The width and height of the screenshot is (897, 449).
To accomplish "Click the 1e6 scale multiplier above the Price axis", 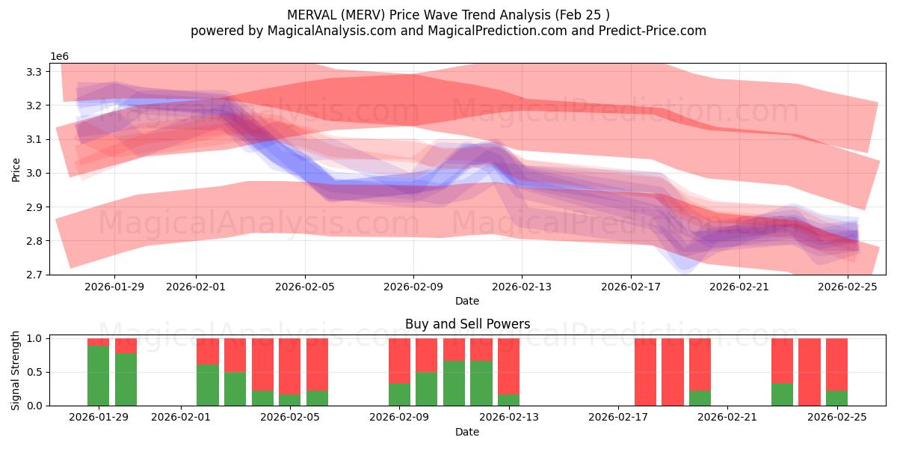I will coord(60,57).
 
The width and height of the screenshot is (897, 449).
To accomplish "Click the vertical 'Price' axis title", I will coord(16,169).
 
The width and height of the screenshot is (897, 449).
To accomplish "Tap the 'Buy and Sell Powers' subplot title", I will coord(467,324).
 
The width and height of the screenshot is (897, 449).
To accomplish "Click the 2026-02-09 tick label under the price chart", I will coord(413,287).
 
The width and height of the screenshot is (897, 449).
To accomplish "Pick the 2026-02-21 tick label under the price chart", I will coord(739,287).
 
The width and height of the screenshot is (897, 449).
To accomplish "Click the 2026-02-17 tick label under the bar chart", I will coord(617,418).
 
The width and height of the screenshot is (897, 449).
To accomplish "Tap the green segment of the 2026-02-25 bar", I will coord(836,398).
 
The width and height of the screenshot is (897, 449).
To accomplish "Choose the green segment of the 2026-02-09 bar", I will coord(399,394).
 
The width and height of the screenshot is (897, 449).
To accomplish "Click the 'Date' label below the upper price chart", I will coord(467,301).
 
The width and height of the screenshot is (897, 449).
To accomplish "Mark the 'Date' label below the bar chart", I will coord(467,432).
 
